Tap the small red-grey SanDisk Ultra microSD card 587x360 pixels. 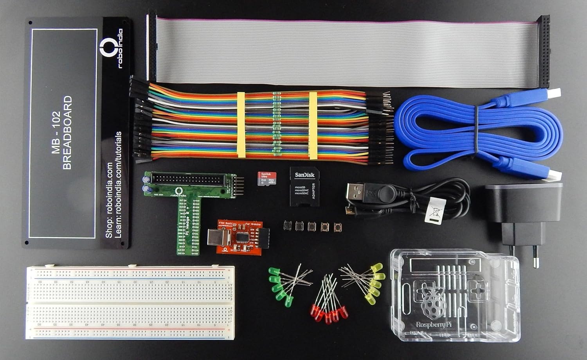(267, 178)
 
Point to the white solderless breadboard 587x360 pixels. (130, 302)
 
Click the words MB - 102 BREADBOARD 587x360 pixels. (62, 133)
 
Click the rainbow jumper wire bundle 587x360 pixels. (258, 125)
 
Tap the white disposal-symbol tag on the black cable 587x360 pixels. (435, 210)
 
